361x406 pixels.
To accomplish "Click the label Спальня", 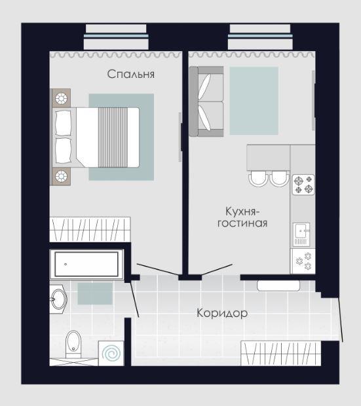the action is point(131,74).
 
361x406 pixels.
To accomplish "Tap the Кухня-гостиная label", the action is point(242,217).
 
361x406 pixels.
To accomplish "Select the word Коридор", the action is point(222,313).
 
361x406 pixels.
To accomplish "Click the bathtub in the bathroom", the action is point(86,264).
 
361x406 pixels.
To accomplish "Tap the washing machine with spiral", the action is point(111,353).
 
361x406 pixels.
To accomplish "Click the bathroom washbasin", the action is point(58,299).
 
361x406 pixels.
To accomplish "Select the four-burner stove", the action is point(303,185).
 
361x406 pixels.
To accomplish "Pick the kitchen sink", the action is point(301,234).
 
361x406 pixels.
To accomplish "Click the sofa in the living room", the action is point(206,101).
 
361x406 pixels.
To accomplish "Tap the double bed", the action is point(96,138).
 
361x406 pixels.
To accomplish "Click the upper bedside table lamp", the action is point(61,98).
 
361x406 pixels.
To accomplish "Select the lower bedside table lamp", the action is point(61,176).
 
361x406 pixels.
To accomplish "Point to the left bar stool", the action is point(258,178).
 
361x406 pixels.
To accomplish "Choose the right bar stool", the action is point(279,178).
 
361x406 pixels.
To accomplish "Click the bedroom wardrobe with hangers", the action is point(90,229).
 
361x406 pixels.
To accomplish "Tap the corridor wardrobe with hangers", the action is point(281,354).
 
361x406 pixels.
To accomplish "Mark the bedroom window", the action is point(116,36).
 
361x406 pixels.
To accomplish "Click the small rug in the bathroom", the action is point(95,293).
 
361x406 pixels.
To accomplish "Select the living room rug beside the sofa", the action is point(254,101).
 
